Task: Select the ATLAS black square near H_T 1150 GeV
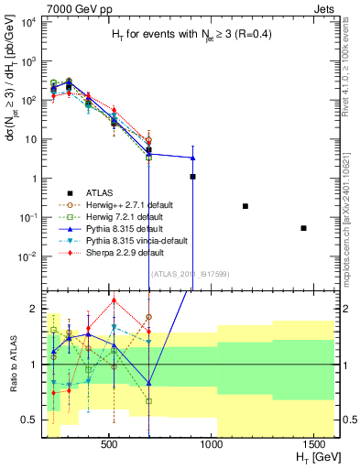245,206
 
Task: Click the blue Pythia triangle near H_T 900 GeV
192,158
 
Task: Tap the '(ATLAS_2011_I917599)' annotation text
190,273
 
